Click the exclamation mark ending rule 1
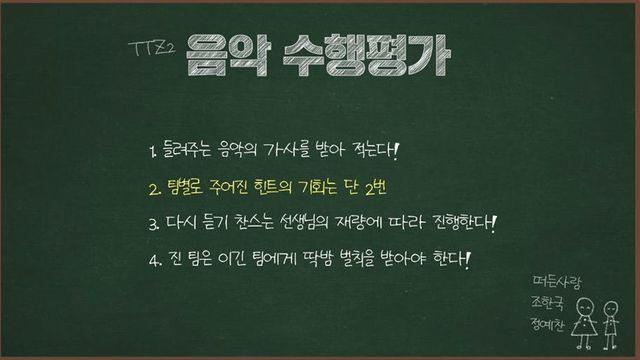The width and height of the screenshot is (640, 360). (x=397, y=152)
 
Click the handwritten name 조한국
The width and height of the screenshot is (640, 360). (x=549, y=303)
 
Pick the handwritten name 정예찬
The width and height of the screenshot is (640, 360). (x=549, y=325)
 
